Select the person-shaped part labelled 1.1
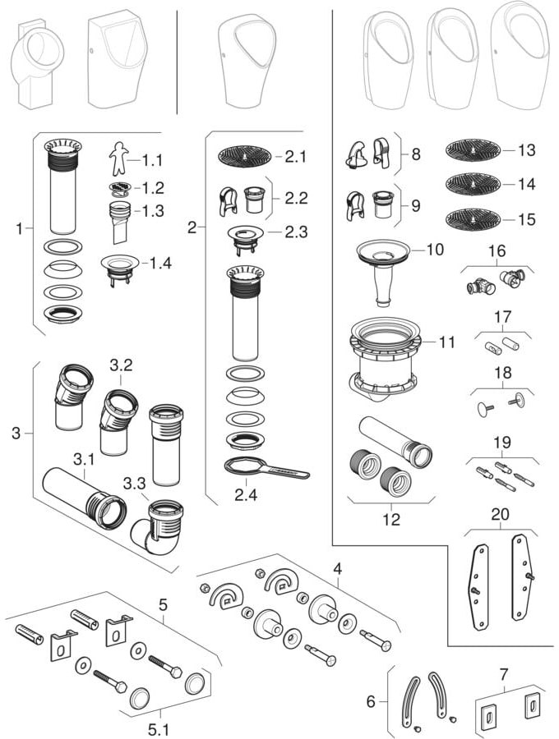point(119,156)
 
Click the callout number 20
point(499,515)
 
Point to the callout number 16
point(496,250)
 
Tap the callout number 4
point(337,567)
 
